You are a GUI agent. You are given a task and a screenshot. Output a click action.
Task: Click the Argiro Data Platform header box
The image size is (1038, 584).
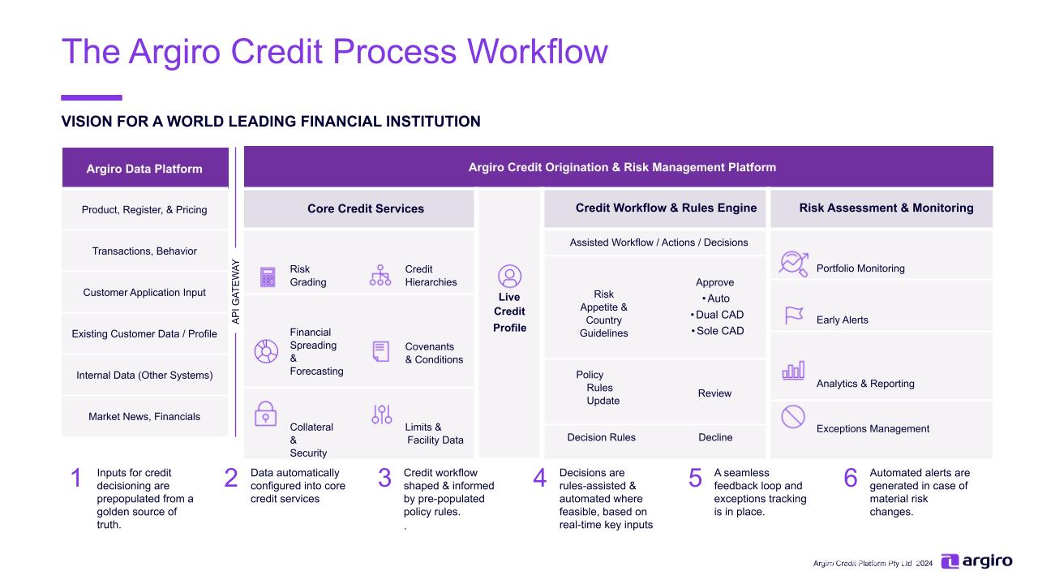pos(144,168)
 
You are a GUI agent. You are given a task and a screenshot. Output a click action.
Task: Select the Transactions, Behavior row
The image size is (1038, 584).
pos(144,251)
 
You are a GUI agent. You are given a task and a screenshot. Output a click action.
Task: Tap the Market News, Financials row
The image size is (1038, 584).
pos(144,417)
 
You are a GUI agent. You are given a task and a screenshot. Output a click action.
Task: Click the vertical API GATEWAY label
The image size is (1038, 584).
pos(236,292)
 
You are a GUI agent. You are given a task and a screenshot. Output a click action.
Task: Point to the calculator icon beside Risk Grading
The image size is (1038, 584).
pos(267,277)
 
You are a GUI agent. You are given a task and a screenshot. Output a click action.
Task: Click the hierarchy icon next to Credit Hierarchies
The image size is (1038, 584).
pos(380,275)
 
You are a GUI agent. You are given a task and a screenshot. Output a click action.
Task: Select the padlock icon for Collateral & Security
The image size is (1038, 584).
pos(265,413)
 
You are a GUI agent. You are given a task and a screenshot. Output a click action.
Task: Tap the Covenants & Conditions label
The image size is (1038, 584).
pos(434,353)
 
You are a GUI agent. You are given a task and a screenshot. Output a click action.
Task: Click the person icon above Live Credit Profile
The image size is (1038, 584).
pos(509,277)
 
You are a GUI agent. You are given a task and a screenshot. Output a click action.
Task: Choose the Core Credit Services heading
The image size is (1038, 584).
pos(365,208)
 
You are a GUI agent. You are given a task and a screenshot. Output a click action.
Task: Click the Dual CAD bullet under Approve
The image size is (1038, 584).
pos(718,315)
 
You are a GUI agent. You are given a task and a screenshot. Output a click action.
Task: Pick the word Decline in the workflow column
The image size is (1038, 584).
pos(715,438)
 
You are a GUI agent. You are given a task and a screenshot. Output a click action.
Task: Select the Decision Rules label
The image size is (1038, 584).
pos(601,438)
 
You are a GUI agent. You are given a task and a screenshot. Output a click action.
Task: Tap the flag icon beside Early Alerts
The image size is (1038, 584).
pos(793,316)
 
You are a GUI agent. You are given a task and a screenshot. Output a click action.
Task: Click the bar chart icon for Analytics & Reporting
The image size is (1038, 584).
pos(793,371)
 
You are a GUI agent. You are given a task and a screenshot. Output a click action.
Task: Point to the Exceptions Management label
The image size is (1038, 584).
pos(873,429)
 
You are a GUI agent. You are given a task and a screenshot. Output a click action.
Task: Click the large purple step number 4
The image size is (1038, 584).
pos(539,479)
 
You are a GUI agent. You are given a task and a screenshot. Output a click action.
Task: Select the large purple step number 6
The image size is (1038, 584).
pos(850,479)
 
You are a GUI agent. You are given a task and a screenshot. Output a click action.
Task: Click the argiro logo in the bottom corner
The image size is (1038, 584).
pos(976,561)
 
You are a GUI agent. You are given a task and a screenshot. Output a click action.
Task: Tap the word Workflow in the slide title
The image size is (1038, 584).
pos(535,51)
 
